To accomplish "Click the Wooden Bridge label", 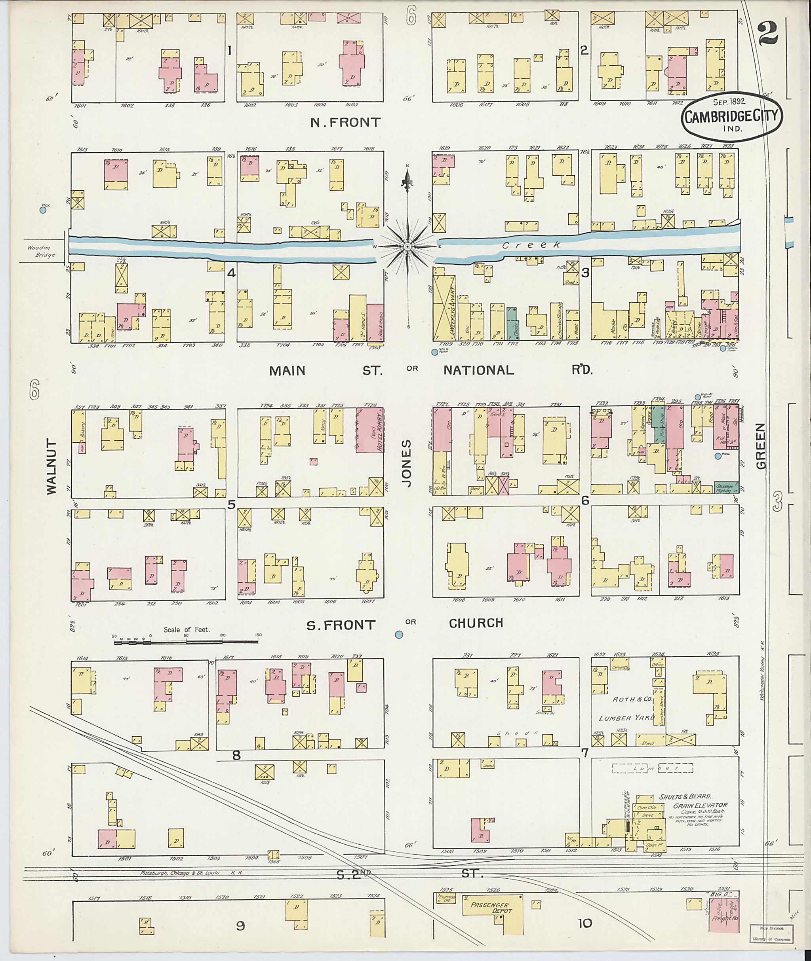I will (41, 251).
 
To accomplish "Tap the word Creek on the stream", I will (531, 246).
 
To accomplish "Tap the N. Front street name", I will (346, 122).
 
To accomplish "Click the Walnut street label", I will (51, 467).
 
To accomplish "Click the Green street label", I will (760, 446).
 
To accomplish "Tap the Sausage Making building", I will (726, 488).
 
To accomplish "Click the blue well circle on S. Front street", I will (399, 634).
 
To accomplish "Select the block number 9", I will (240, 926).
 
